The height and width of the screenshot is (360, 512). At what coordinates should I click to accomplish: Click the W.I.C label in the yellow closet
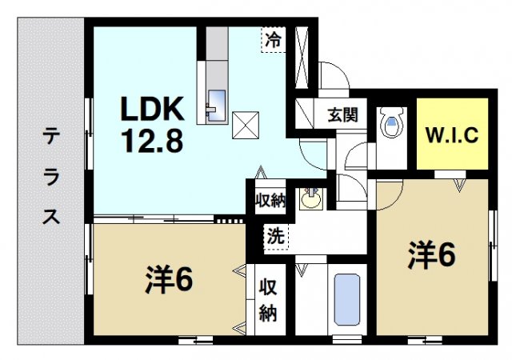tap(451, 134)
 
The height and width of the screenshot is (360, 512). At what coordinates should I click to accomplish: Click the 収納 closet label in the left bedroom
tap(267, 300)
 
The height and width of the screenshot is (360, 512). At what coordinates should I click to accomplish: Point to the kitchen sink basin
tap(216, 104)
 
